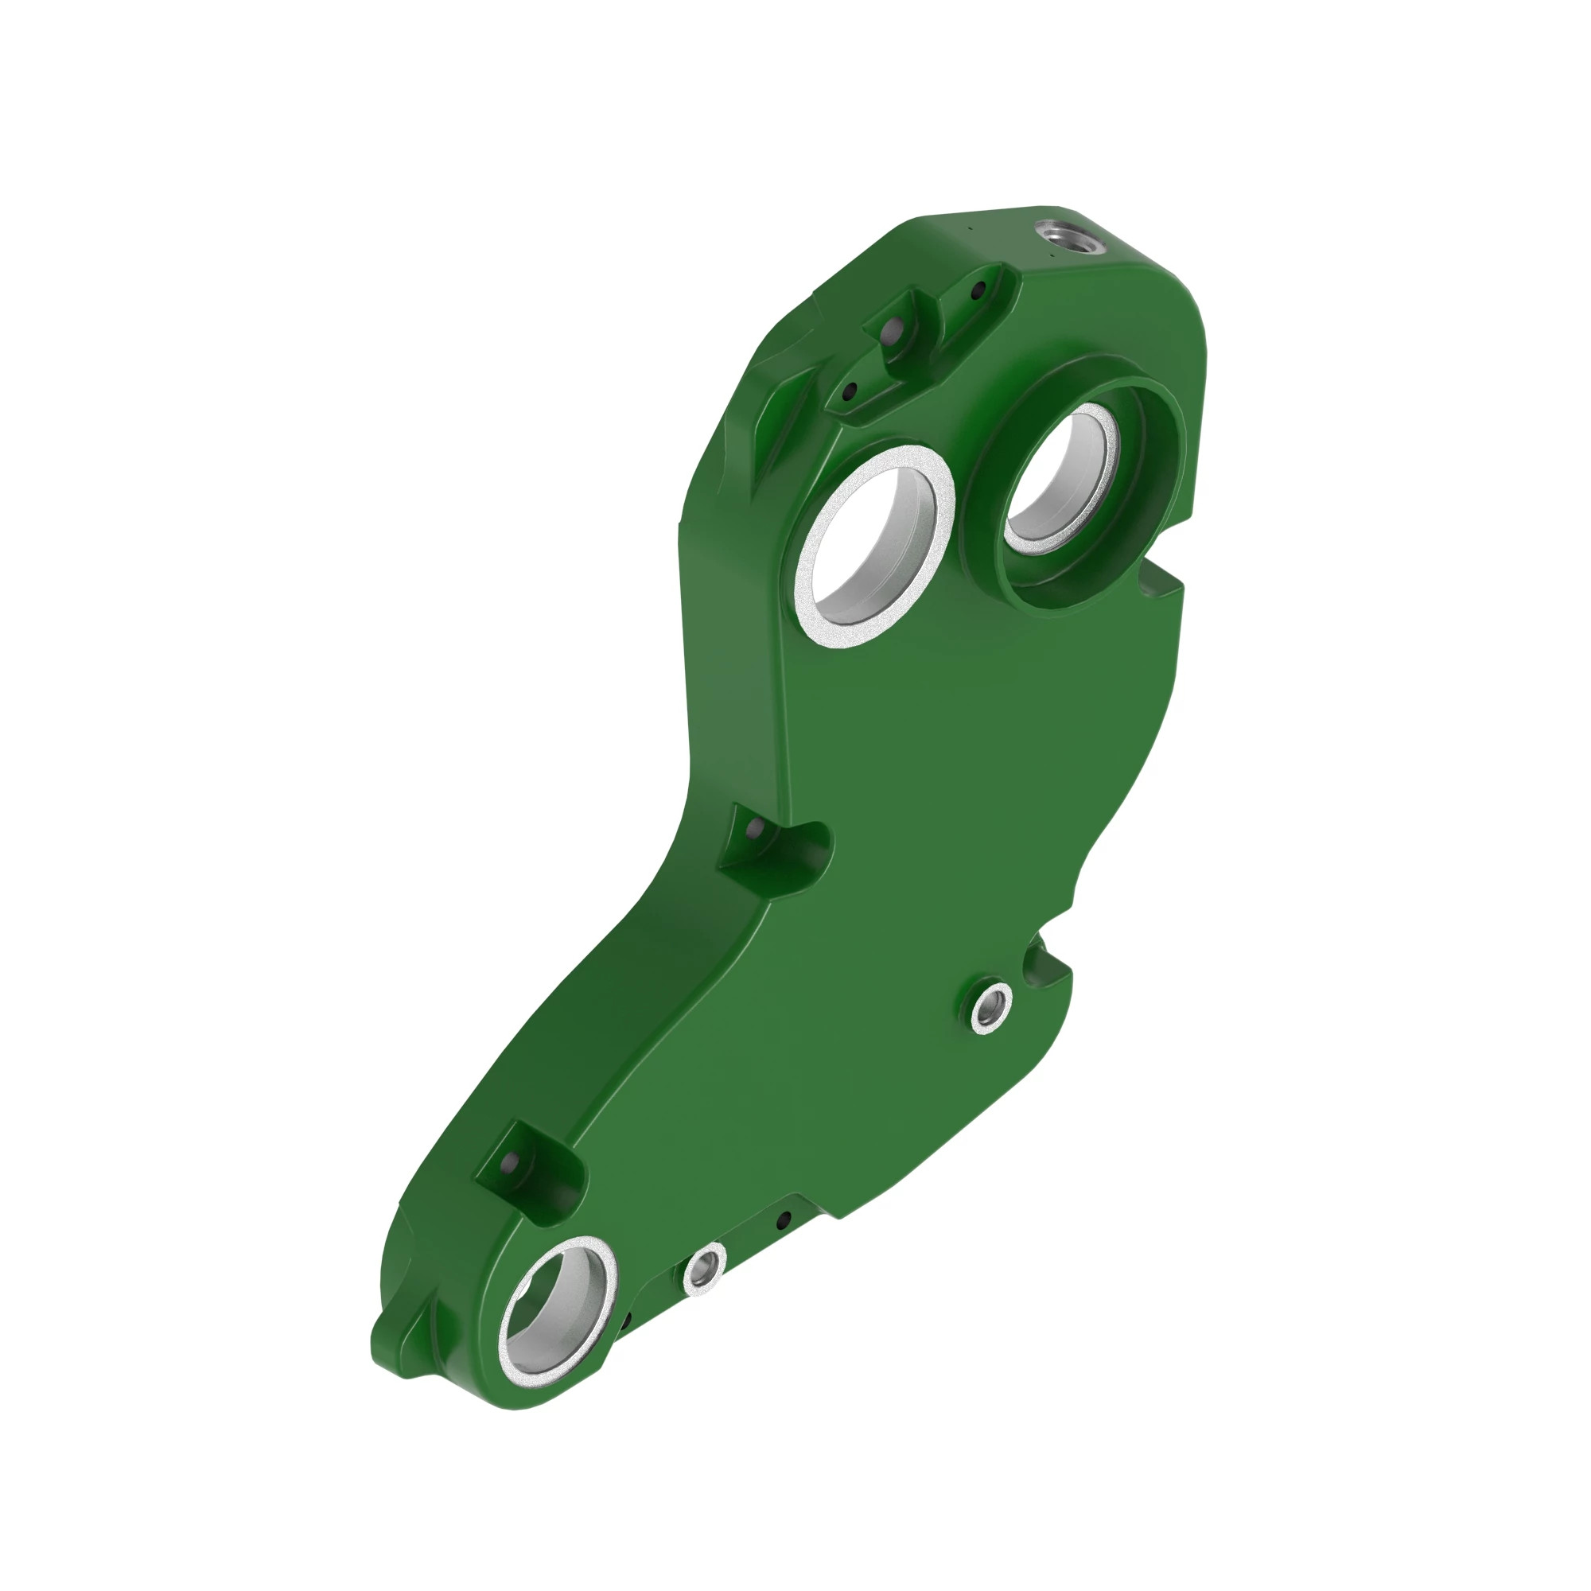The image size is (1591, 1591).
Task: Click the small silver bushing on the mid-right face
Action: tap(990, 1008)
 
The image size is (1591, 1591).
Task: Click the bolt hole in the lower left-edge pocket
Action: tap(510, 1162)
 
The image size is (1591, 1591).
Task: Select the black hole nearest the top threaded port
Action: tap(978, 290)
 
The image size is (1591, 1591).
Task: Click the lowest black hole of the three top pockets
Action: tap(850, 390)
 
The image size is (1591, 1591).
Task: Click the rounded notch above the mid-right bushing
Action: tap(1039, 958)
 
